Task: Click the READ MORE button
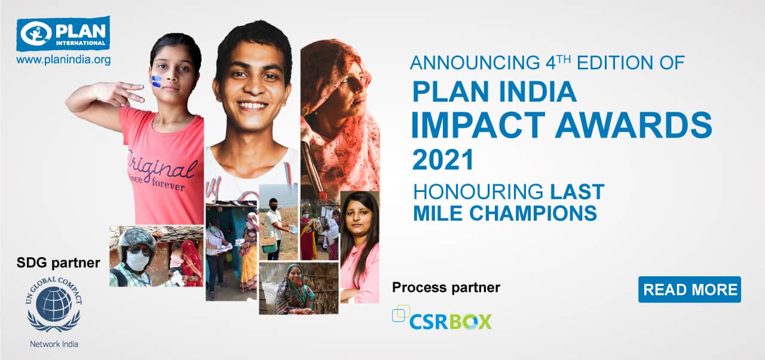(690, 289)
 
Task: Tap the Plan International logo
(63, 33)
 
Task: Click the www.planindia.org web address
(63, 60)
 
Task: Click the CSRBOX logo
(442, 318)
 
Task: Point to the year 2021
(443, 160)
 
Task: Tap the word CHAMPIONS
(533, 213)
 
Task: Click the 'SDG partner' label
(59, 263)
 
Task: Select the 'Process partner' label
(446, 288)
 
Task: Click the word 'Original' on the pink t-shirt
(162, 168)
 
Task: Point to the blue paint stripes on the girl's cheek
(156, 81)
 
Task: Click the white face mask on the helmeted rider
(137, 261)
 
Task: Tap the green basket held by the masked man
(268, 245)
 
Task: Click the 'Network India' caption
(54, 344)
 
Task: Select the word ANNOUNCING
(475, 63)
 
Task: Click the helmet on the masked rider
(137, 238)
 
